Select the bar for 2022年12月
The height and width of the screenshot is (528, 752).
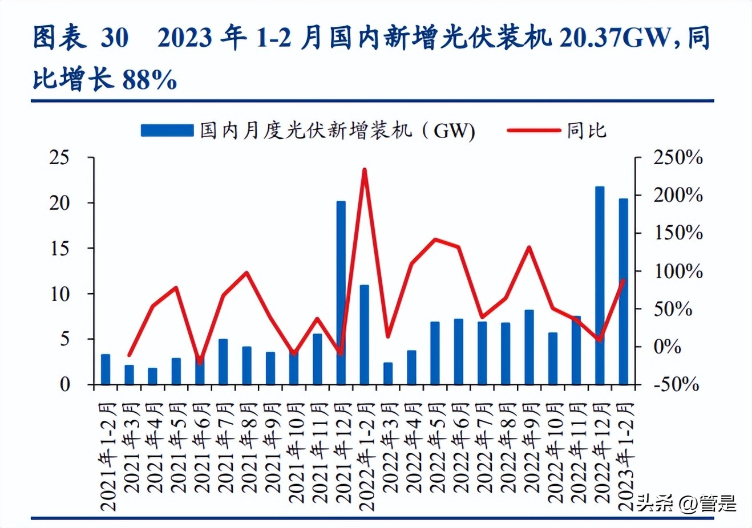(600, 285)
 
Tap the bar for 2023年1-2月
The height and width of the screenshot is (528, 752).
(623, 291)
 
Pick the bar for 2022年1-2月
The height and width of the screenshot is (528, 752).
(365, 334)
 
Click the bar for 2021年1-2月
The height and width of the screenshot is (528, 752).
(106, 369)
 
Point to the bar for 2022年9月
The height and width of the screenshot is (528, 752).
(529, 347)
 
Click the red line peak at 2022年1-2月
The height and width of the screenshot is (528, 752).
(365, 169)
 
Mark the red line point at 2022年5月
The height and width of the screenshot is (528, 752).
(435, 239)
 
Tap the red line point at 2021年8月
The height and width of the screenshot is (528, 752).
(246, 273)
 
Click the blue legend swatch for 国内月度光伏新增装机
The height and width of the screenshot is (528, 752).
(167, 131)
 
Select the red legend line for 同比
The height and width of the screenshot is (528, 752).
(533, 131)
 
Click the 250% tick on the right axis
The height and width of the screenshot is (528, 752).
(677, 157)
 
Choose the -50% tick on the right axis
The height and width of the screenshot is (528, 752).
(676, 384)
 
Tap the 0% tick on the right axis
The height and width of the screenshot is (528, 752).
(666, 346)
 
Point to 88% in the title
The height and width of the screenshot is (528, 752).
(149, 80)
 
